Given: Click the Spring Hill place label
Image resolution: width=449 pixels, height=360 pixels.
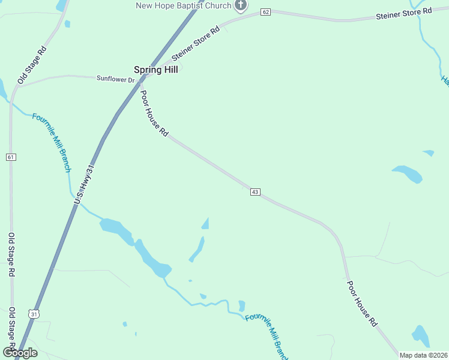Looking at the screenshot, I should point(155,70).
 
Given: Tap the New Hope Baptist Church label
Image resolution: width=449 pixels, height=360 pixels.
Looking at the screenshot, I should point(184,6).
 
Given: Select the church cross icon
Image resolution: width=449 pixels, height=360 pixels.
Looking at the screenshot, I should point(240,6).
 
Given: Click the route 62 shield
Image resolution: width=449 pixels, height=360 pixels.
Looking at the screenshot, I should point(266,11).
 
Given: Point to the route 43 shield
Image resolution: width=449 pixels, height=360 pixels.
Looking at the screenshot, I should point(255,192).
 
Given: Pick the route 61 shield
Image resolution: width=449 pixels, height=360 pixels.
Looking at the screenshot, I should point(11,157).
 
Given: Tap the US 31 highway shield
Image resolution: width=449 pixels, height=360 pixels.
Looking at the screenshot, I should point(34,314).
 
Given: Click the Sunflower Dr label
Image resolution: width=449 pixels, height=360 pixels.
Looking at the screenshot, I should point(116,79).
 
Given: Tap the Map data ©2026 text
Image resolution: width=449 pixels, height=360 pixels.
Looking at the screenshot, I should point(423,355).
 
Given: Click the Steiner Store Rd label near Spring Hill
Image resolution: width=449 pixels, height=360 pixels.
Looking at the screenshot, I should point(196,44).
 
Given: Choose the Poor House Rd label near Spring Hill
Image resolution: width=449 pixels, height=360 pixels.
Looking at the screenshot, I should point(154,113).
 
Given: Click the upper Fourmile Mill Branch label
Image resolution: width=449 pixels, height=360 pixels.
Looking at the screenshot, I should point(52,142).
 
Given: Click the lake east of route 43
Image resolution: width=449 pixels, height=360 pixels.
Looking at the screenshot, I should point(408,174).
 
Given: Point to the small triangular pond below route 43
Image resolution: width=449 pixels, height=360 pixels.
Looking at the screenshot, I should point(206,224).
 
